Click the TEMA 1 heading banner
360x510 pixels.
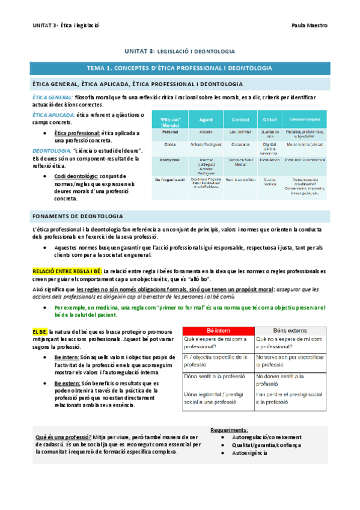click(x=180, y=69)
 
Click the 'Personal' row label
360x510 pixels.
click(x=170, y=132)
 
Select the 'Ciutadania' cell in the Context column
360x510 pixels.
click(x=240, y=145)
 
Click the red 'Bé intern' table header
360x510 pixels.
click(x=218, y=331)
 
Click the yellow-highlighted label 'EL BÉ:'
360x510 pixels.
click(x=41, y=331)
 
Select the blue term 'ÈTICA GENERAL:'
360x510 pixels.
click(x=53, y=97)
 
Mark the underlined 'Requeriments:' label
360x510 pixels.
click(x=229, y=430)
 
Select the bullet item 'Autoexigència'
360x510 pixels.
click(x=246, y=453)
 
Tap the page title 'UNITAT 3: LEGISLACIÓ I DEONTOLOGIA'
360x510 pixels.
click(x=180, y=52)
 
